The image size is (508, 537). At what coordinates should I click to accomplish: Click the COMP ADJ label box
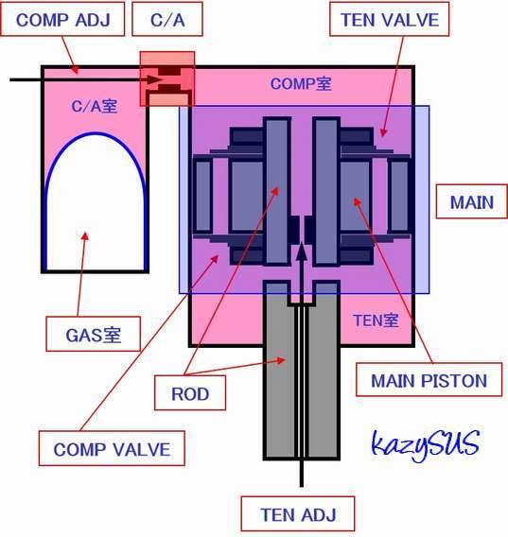point(62,19)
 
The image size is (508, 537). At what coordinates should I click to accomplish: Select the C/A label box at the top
point(167,19)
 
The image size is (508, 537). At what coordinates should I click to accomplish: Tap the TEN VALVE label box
point(390,19)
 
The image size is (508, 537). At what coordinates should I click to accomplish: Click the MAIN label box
point(472,201)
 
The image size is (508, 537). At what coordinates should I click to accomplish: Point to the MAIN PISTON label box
point(429,379)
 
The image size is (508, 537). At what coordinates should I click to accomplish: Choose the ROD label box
point(190,392)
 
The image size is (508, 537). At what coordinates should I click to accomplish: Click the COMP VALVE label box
point(112,448)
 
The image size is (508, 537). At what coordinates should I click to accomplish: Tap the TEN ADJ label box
point(298,513)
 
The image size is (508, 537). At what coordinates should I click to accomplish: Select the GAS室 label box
point(94,334)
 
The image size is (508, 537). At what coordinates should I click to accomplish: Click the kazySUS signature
point(425,444)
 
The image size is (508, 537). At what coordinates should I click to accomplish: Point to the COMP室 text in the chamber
point(301,83)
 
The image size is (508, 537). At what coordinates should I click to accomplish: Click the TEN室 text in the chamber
point(376,320)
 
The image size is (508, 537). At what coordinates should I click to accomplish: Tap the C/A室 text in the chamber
point(95,106)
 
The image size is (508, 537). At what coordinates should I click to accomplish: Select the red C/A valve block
point(167,78)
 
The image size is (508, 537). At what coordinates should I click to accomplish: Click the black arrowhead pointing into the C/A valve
point(155,79)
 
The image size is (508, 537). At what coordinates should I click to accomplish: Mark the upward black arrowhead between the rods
point(302,251)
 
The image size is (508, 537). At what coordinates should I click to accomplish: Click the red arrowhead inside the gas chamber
point(85,236)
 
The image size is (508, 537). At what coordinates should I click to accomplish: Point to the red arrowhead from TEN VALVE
point(383,132)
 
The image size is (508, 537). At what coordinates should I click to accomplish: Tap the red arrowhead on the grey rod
point(281,360)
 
